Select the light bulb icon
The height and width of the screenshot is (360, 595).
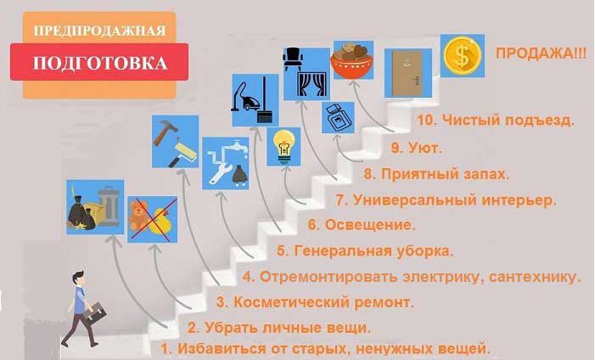(x=282, y=146)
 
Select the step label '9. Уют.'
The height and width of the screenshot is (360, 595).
(x=416, y=148)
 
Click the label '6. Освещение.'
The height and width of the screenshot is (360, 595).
(x=361, y=225)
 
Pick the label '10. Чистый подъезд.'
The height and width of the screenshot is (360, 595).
(x=495, y=121)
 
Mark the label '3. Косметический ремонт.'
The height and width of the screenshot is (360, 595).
(x=315, y=301)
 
